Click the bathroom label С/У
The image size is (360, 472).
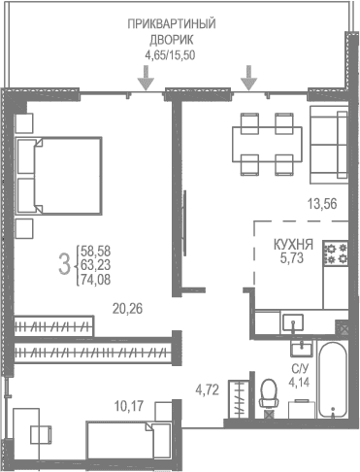point(300,369)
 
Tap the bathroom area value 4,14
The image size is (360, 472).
point(300,383)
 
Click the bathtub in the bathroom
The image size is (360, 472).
point(334,380)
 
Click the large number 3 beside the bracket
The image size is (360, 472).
point(64,262)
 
